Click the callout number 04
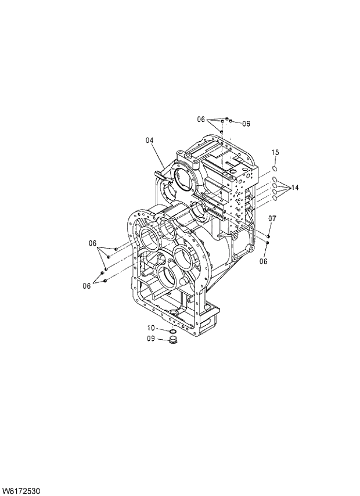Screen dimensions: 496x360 (x=149, y=140)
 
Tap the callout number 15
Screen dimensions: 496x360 (x=275, y=152)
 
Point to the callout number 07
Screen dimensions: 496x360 (x=272, y=218)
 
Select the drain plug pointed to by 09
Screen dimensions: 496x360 (x=172, y=339)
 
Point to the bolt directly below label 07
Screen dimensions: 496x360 (x=269, y=236)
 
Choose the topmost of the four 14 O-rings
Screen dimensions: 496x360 (x=274, y=179)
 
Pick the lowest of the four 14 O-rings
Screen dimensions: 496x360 (x=274, y=198)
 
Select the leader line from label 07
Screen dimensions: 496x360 (x=271, y=228)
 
